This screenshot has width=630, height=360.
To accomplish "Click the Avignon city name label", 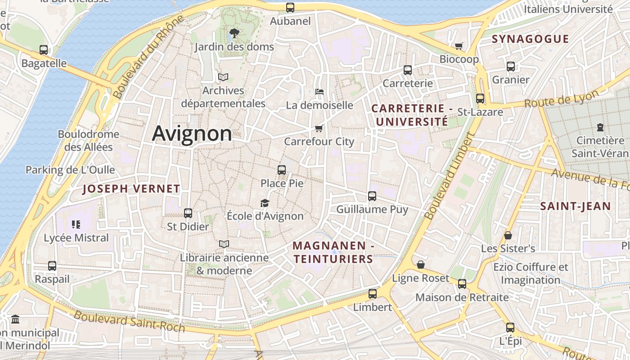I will click(192, 134).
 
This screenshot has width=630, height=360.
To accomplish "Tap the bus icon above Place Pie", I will click(282, 170).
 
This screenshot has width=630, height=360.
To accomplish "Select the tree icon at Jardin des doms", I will click(234, 33).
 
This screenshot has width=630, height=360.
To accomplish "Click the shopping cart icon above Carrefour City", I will click(319, 128).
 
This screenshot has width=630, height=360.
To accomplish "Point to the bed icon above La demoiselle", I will click(319, 92).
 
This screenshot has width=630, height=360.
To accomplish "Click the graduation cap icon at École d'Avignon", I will click(265, 203).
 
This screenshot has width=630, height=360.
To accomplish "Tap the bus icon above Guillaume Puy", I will click(372, 196).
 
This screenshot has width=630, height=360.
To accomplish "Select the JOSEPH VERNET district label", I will click(131, 189).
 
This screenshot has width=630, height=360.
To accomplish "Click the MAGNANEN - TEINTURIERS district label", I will click(333, 252).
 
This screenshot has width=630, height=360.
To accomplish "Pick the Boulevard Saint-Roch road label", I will click(129, 321).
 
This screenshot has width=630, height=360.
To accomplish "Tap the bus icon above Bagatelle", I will click(44, 50).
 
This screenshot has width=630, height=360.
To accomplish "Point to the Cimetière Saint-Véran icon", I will click(600, 127).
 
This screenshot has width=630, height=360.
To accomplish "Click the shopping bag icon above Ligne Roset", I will click(421, 265).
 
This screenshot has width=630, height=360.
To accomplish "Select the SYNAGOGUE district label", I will click(531, 39).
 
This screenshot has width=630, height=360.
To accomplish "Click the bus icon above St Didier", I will click(188, 213).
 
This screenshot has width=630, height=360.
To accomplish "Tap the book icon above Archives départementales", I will click(223, 77).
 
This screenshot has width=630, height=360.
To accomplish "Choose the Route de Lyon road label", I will click(562, 99).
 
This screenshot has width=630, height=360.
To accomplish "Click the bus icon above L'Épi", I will click(510, 328).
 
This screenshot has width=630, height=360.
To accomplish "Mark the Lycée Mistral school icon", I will click(76, 224).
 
